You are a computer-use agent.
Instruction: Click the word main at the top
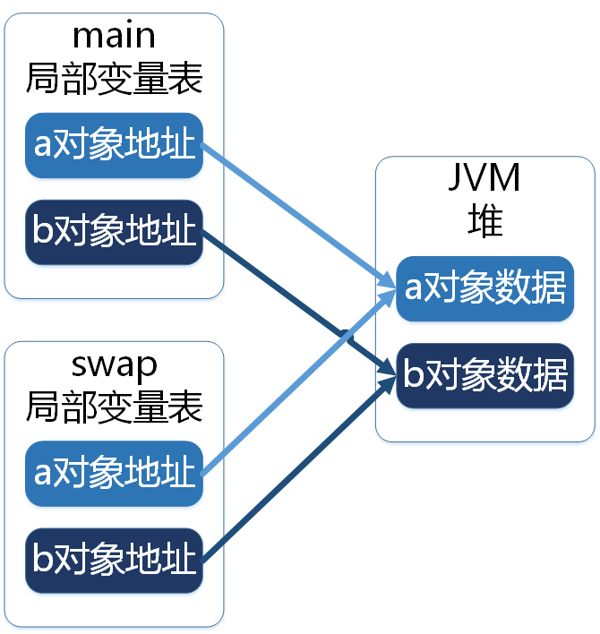[114, 36]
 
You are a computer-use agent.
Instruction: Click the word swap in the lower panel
[114, 364]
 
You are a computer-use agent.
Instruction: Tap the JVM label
[484, 178]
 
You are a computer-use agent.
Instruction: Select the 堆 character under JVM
[484, 219]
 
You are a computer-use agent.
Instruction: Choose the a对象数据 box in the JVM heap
[484, 289]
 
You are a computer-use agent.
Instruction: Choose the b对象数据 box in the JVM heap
[484, 375]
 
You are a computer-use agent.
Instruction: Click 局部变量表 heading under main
[114, 79]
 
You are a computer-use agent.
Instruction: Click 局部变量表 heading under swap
[114, 407]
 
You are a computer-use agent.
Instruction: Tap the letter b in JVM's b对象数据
[413, 375]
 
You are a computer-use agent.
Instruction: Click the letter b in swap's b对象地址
[42, 560]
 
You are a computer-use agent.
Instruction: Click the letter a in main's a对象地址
[42, 146]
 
